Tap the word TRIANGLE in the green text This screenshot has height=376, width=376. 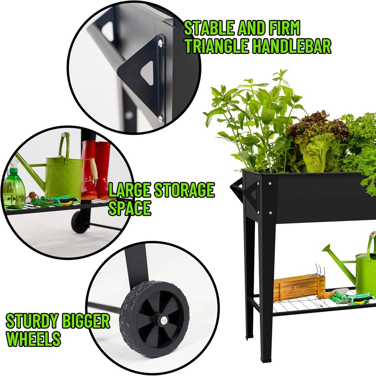click(217, 46)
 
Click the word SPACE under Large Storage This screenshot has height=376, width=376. click(130, 208)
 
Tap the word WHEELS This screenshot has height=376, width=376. click(33, 339)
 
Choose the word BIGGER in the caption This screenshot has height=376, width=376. click(85, 321)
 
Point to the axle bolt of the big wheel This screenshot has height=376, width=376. click(163, 321)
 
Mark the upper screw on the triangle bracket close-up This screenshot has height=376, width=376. click(160, 44)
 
